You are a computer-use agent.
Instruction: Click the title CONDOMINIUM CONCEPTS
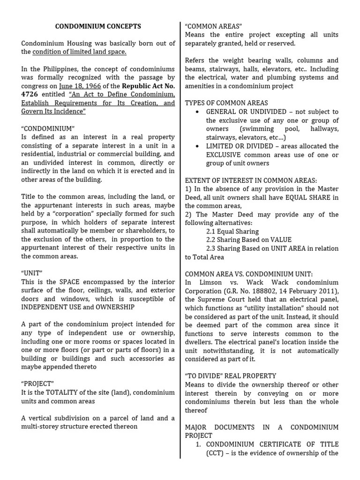(x=98, y=27)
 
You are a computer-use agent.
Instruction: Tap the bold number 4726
(x=31, y=95)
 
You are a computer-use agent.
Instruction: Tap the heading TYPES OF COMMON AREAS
(x=226, y=103)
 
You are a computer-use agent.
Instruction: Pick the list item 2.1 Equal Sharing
(x=232, y=231)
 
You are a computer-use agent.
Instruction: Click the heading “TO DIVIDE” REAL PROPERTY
(x=231, y=375)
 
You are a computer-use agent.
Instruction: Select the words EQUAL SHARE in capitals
(x=307, y=197)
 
